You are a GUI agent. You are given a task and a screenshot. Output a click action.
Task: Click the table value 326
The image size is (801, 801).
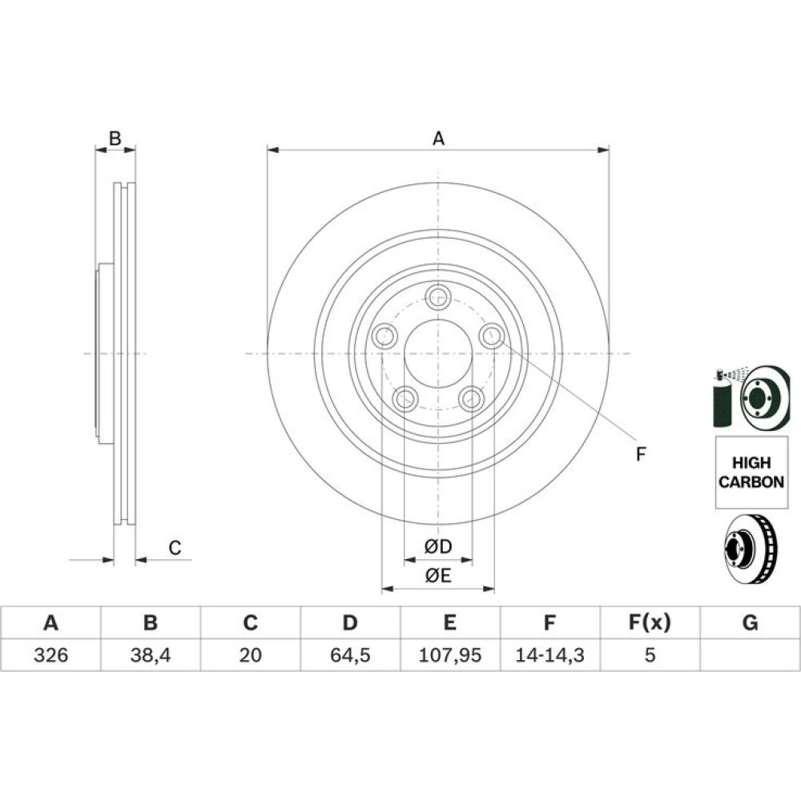click(50, 655)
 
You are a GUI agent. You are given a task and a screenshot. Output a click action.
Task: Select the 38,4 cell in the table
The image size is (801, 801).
click(151, 655)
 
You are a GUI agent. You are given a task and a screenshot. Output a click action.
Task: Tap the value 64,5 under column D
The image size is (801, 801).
click(350, 655)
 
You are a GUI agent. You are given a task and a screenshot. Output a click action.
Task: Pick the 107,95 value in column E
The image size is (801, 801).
click(449, 655)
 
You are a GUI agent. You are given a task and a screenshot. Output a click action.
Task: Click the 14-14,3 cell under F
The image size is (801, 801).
click(549, 655)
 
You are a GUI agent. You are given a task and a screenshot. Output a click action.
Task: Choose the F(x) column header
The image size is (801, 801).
click(650, 622)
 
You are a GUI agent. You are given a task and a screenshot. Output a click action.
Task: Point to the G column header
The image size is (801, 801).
click(750, 622)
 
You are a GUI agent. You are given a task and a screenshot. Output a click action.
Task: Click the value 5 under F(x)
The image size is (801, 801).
click(650, 655)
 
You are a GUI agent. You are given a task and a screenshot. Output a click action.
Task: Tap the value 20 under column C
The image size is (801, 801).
click(250, 655)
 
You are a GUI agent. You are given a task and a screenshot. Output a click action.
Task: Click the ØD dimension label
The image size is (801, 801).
click(438, 546)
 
